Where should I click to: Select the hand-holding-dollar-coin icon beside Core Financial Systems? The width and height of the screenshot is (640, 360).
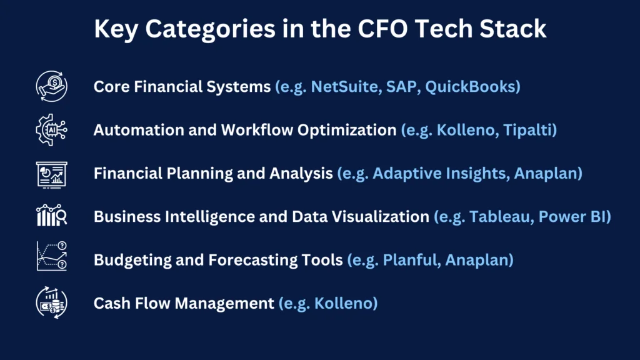pyautogui.click(x=52, y=86)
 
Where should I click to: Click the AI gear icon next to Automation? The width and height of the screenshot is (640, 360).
pyautogui.click(x=51, y=130)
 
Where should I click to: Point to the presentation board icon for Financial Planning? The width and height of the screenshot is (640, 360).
pyautogui.click(x=51, y=175)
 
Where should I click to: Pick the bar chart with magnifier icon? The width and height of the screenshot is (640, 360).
pyautogui.click(x=51, y=215)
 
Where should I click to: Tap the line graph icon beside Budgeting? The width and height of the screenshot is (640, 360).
pyautogui.click(x=52, y=256)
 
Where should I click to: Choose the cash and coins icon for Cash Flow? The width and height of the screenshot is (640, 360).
pyautogui.click(x=52, y=302)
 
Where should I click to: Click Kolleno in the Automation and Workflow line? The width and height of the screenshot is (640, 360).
pyautogui.click(x=467, y=130)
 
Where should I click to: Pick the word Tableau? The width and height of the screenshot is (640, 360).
pyautogui.click(x=501, y=216)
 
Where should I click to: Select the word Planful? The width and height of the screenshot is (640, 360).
pyautogui.click(x=411, y=259)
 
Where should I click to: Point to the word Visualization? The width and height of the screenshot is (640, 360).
pyautogui.click(x=381, y=216)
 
